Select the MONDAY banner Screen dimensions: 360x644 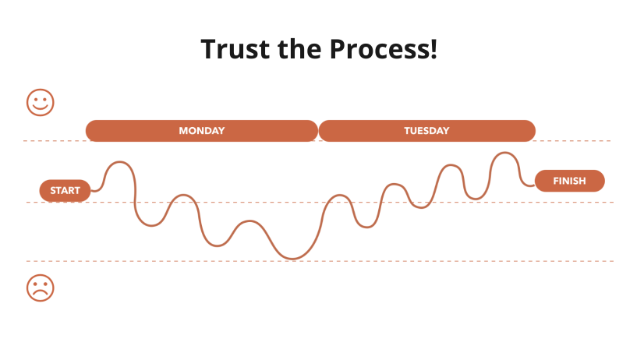point(201,131)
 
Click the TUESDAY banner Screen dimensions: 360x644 point(426,131)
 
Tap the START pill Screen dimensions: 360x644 point(65,190)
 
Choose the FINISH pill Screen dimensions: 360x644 point(569,181)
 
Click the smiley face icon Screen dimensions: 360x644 point(41,102)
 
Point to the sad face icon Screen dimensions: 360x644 point(41,288)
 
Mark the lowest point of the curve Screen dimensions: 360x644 point(292,259)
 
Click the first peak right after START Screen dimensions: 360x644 point(119,162)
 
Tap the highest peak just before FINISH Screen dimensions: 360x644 point(504,153)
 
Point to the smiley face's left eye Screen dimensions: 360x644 point(36,98)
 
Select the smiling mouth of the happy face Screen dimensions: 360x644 point(41,108)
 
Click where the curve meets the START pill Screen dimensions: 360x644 point(91,190)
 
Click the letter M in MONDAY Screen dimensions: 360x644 point(182,131)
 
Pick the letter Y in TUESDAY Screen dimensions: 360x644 point(446,131)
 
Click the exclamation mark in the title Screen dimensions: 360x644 point(433,50)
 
